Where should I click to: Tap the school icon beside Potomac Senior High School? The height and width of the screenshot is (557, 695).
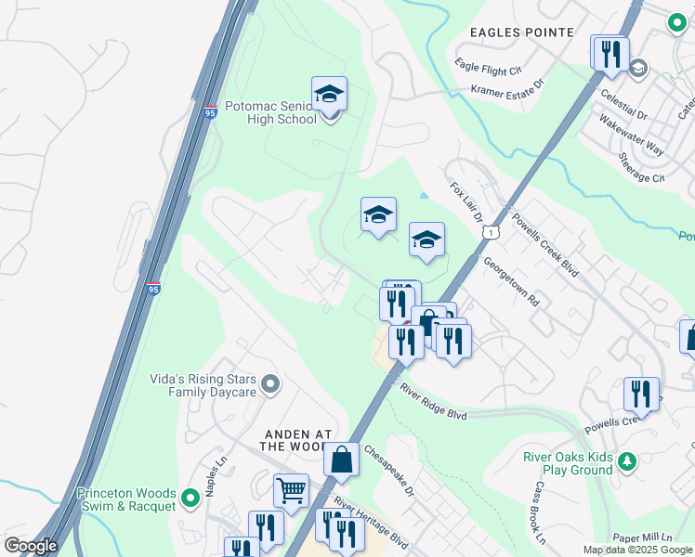(x=329, y=96)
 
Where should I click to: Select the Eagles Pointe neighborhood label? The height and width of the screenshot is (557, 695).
(x=521, y=32)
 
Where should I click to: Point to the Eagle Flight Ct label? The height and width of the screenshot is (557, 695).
(x=489, y=67)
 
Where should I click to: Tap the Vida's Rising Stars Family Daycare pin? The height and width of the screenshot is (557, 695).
(x=270, y=383)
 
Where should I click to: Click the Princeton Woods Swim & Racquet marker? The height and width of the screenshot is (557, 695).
(x=190, y=499)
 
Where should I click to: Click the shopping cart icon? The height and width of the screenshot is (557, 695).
(x=291, y=491)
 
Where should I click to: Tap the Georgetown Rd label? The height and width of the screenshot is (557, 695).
(x=511, y=281)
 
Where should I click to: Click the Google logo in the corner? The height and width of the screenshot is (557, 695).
(x=31, y=546)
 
